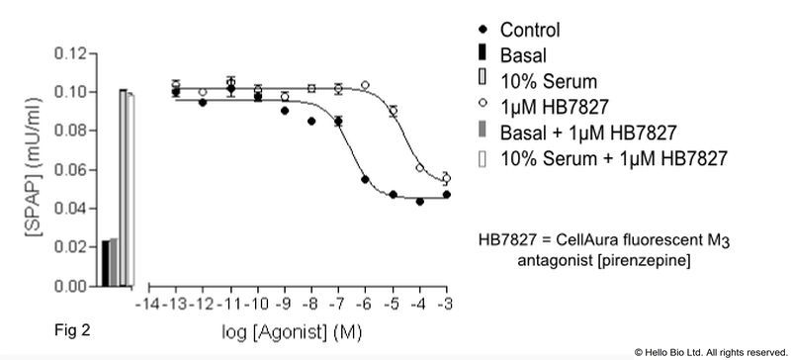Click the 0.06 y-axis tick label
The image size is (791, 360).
pyautogui.click(x=70, y=170)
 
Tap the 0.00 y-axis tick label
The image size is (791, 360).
pyautogui.click(x=70, y=287)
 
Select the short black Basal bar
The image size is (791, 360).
pyautogui.click(x=106, y=263)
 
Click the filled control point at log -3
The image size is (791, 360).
pyautogui.click(x=446, y=195)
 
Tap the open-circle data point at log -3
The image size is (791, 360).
pyautogui.click(x=446, y=178)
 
